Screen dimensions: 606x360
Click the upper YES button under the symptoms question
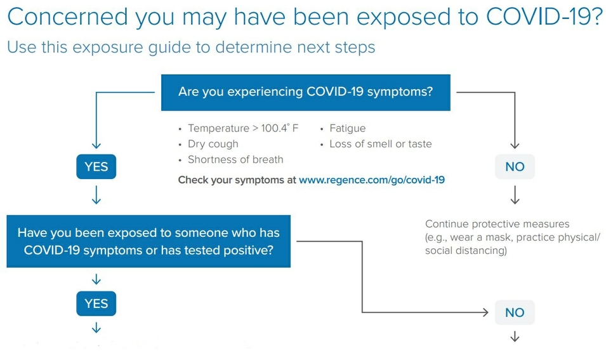(96, 166)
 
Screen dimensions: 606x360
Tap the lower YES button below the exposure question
(96, 303)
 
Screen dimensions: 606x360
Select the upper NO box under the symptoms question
(515, 166)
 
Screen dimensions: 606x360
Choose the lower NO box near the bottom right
(515, 312)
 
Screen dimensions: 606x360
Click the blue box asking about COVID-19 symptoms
(306, 93)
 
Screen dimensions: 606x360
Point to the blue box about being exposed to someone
(148, 241)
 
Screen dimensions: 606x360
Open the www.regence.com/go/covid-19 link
(372, 180)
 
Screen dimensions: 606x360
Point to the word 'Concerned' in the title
(68, 17)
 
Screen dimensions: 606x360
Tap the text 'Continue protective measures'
(497, 224)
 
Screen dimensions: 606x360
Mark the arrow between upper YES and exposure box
(96, 194)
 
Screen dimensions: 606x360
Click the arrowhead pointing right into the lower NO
(485, 312)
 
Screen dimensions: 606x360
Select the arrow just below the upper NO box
(515, 194)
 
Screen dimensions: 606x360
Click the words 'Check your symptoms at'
(237, 180)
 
